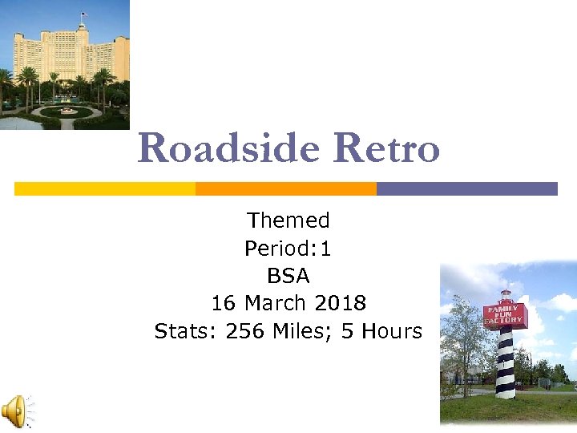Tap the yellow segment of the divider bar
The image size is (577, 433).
point(105,188)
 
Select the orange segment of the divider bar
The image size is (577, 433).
point(286,188)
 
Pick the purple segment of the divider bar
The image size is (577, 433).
point(466,188)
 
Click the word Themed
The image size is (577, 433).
point(288,221)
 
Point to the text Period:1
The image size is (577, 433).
point(288,249)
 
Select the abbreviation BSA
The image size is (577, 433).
point(288,277)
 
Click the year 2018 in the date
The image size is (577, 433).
point(340,304)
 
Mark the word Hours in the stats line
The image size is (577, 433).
point(391,331)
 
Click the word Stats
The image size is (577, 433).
point(184,331)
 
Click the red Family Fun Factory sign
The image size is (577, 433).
point(504,314)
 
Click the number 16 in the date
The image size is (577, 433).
point(224,304)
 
